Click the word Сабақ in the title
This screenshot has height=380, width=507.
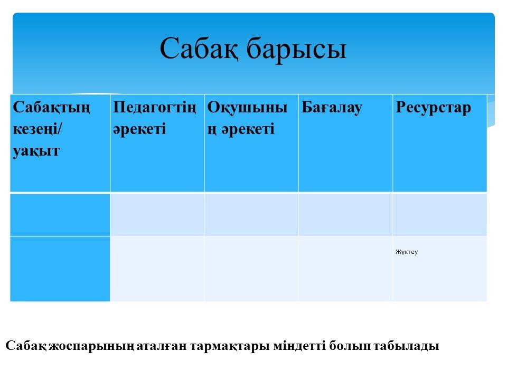200,48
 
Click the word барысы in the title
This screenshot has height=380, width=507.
296,48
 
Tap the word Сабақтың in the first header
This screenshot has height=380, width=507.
51,108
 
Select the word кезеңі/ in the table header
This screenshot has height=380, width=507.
37,129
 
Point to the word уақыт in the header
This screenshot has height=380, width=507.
36,151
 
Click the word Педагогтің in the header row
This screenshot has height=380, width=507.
155,108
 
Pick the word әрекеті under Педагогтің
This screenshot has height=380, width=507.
139,129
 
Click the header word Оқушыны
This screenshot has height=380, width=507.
247,108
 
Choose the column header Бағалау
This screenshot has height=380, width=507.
332,108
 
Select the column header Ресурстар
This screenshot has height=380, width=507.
433,108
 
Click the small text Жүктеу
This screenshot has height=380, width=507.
407,252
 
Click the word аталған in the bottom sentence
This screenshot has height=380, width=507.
162,346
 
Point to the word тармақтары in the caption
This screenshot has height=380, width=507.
230,346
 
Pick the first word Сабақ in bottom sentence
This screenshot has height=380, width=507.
27,346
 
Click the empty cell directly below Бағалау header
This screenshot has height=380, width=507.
345,215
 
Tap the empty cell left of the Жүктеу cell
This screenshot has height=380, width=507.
345,269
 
